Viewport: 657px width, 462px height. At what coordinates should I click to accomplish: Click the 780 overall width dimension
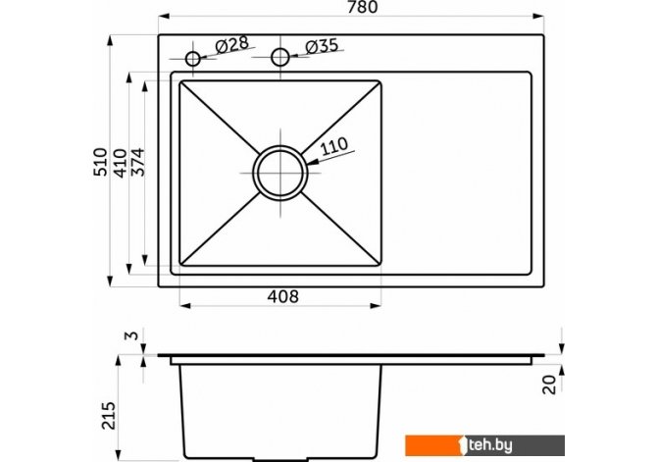point(363,7)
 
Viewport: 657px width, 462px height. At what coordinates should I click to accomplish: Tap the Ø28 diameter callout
point(232,44)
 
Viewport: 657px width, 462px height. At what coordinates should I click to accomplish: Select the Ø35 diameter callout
point(322,46)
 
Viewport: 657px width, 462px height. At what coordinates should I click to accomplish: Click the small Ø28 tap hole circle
point(193,59)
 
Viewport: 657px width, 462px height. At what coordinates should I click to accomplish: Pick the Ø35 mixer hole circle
point(280,57)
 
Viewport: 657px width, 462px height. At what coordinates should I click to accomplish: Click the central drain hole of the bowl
point(280,173)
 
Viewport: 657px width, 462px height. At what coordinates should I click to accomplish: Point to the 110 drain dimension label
point(334,146)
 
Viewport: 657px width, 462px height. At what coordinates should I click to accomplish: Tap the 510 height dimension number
point(100,162)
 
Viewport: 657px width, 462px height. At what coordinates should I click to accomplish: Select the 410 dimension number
point(120,163)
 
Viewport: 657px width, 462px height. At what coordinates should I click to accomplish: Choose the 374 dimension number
point(137,162)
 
